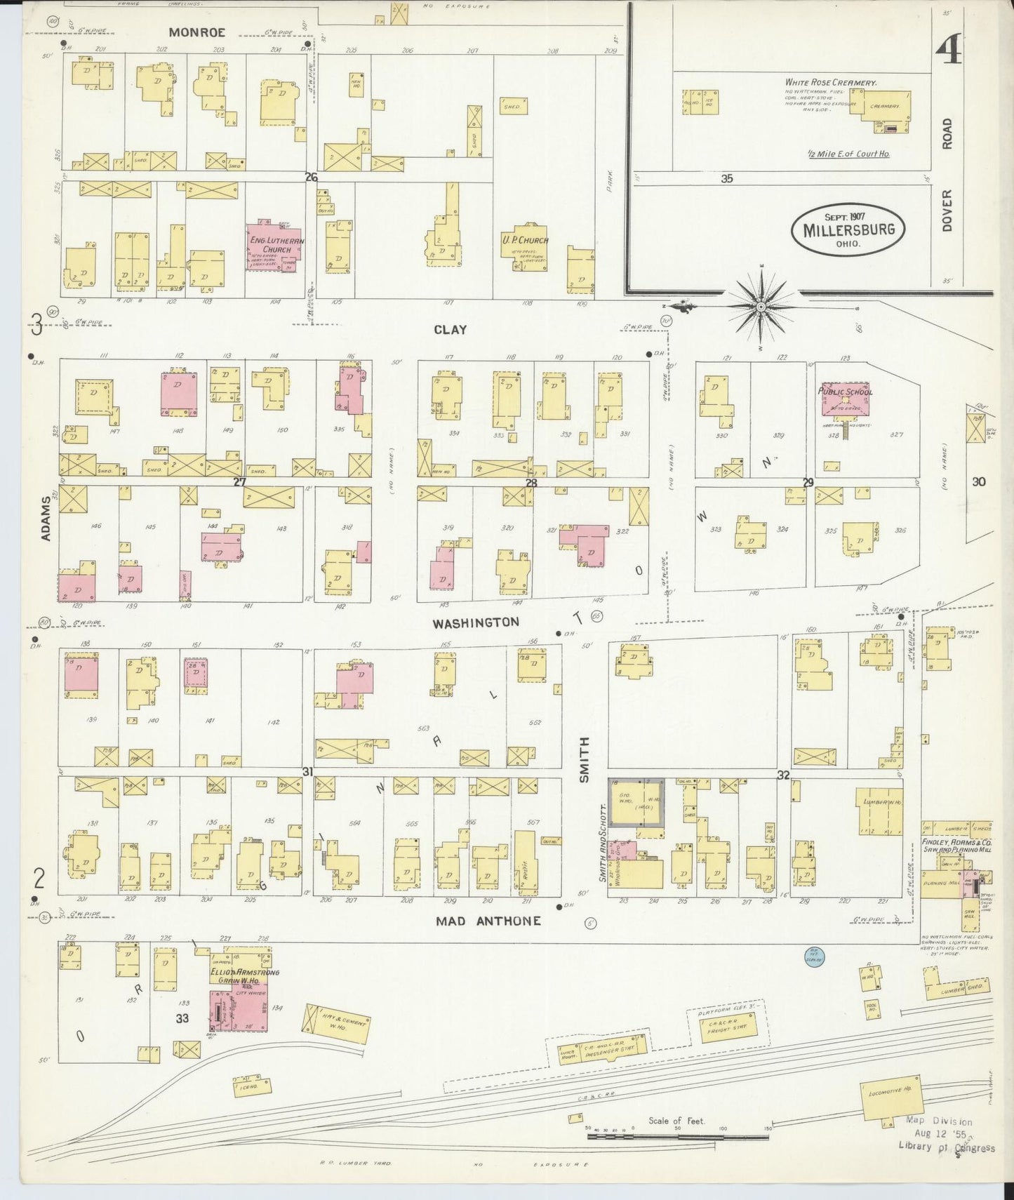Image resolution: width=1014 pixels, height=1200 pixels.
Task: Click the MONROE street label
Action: pyautogui.click(x=196, y=32)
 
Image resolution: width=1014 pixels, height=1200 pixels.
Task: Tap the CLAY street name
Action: pyautogui.click(x=450, y=330)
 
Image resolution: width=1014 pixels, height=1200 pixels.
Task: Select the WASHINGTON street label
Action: pyautogui.click(x=476, y=622)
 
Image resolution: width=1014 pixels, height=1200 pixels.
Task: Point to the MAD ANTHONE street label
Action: pyautogui.click(x=488, y=921)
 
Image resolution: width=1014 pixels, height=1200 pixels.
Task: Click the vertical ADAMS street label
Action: pyautogui.click(x=47, y=519)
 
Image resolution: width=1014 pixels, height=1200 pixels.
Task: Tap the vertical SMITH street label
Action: pyautogui.click(x=585, y=759)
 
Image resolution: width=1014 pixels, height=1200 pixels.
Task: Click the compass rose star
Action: pyautogui.click(x=761, y=307)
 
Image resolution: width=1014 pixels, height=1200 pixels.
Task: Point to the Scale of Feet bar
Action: pyautogui.click(x=677, y=1135)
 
